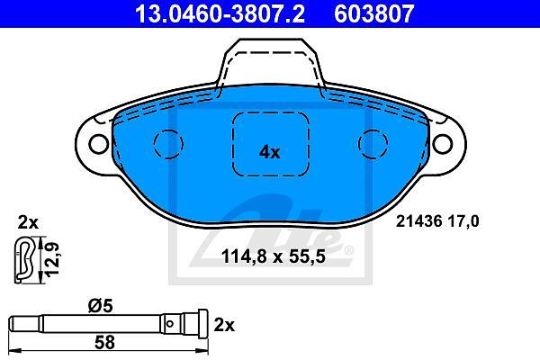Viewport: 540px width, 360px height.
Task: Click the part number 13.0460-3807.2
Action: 220,13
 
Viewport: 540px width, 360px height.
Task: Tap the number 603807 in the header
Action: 374,13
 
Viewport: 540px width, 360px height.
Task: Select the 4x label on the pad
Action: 270,152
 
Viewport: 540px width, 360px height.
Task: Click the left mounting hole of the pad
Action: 98,144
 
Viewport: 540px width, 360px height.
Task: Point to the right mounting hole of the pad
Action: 442,144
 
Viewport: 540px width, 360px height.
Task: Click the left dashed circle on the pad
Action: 168,144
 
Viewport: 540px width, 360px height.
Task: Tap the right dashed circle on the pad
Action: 373,144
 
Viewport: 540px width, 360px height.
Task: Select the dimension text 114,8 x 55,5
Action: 273,256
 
